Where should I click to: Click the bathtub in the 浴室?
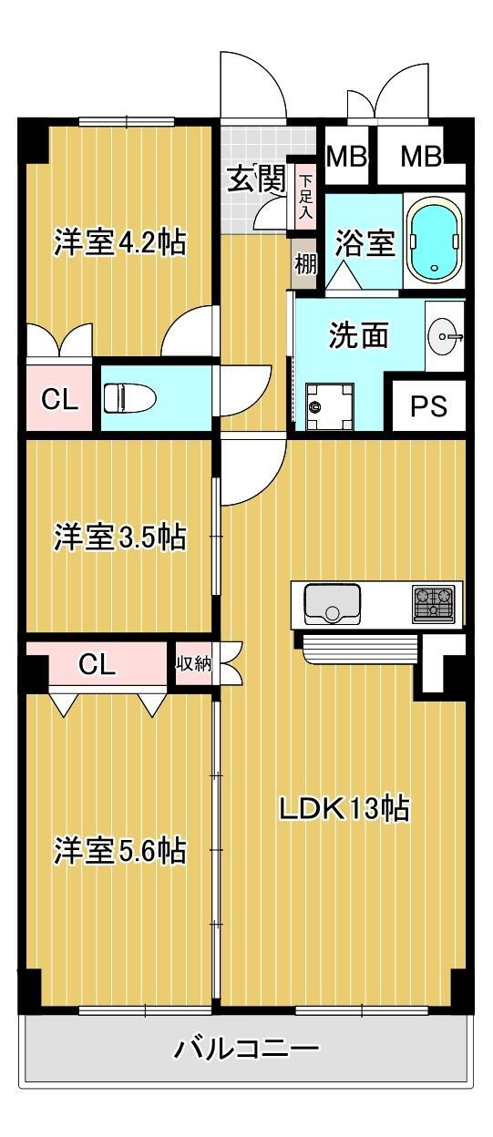[436, 242]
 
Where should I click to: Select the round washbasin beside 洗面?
[446, 335]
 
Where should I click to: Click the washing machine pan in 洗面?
[328, 406]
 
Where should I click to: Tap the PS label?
[428, 406]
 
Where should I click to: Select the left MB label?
[346, 157]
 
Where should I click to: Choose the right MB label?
[421, 157]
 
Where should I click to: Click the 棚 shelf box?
[305, 264]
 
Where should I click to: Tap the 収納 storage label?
[194, 663]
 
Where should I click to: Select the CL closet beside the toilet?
[59, 399]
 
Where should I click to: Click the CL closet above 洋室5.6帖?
[97, 663]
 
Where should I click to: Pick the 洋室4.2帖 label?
[120, 242]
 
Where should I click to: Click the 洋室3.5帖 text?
[120, 537]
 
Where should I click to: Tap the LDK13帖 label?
[344, 809]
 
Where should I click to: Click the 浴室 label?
[365, 242]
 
